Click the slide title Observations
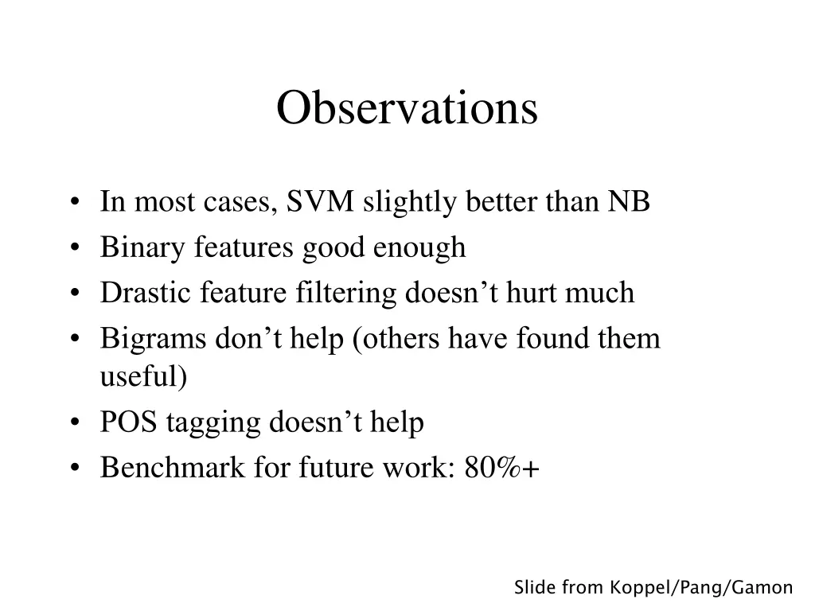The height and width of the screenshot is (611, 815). pyautogui.click(x=407, y=108)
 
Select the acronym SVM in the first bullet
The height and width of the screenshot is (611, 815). pyautogui.click(x=321, y=202)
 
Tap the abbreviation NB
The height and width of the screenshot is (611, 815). pyautogui.click(x=630, y=202)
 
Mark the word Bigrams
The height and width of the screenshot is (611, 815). pyautogui.click(x=153, y=339)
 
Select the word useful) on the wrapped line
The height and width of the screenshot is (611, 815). pyautogui.click(x=144, y=376)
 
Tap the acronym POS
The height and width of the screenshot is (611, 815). pyautogui.click(x=129, y=422)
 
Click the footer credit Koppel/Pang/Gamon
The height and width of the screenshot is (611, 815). pyautogui.click(x=701, y=588)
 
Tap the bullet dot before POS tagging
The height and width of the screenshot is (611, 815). pyautogui.click(x=75, y=423)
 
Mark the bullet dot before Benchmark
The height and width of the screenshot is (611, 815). pyautogui.click(x=75, y=469)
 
